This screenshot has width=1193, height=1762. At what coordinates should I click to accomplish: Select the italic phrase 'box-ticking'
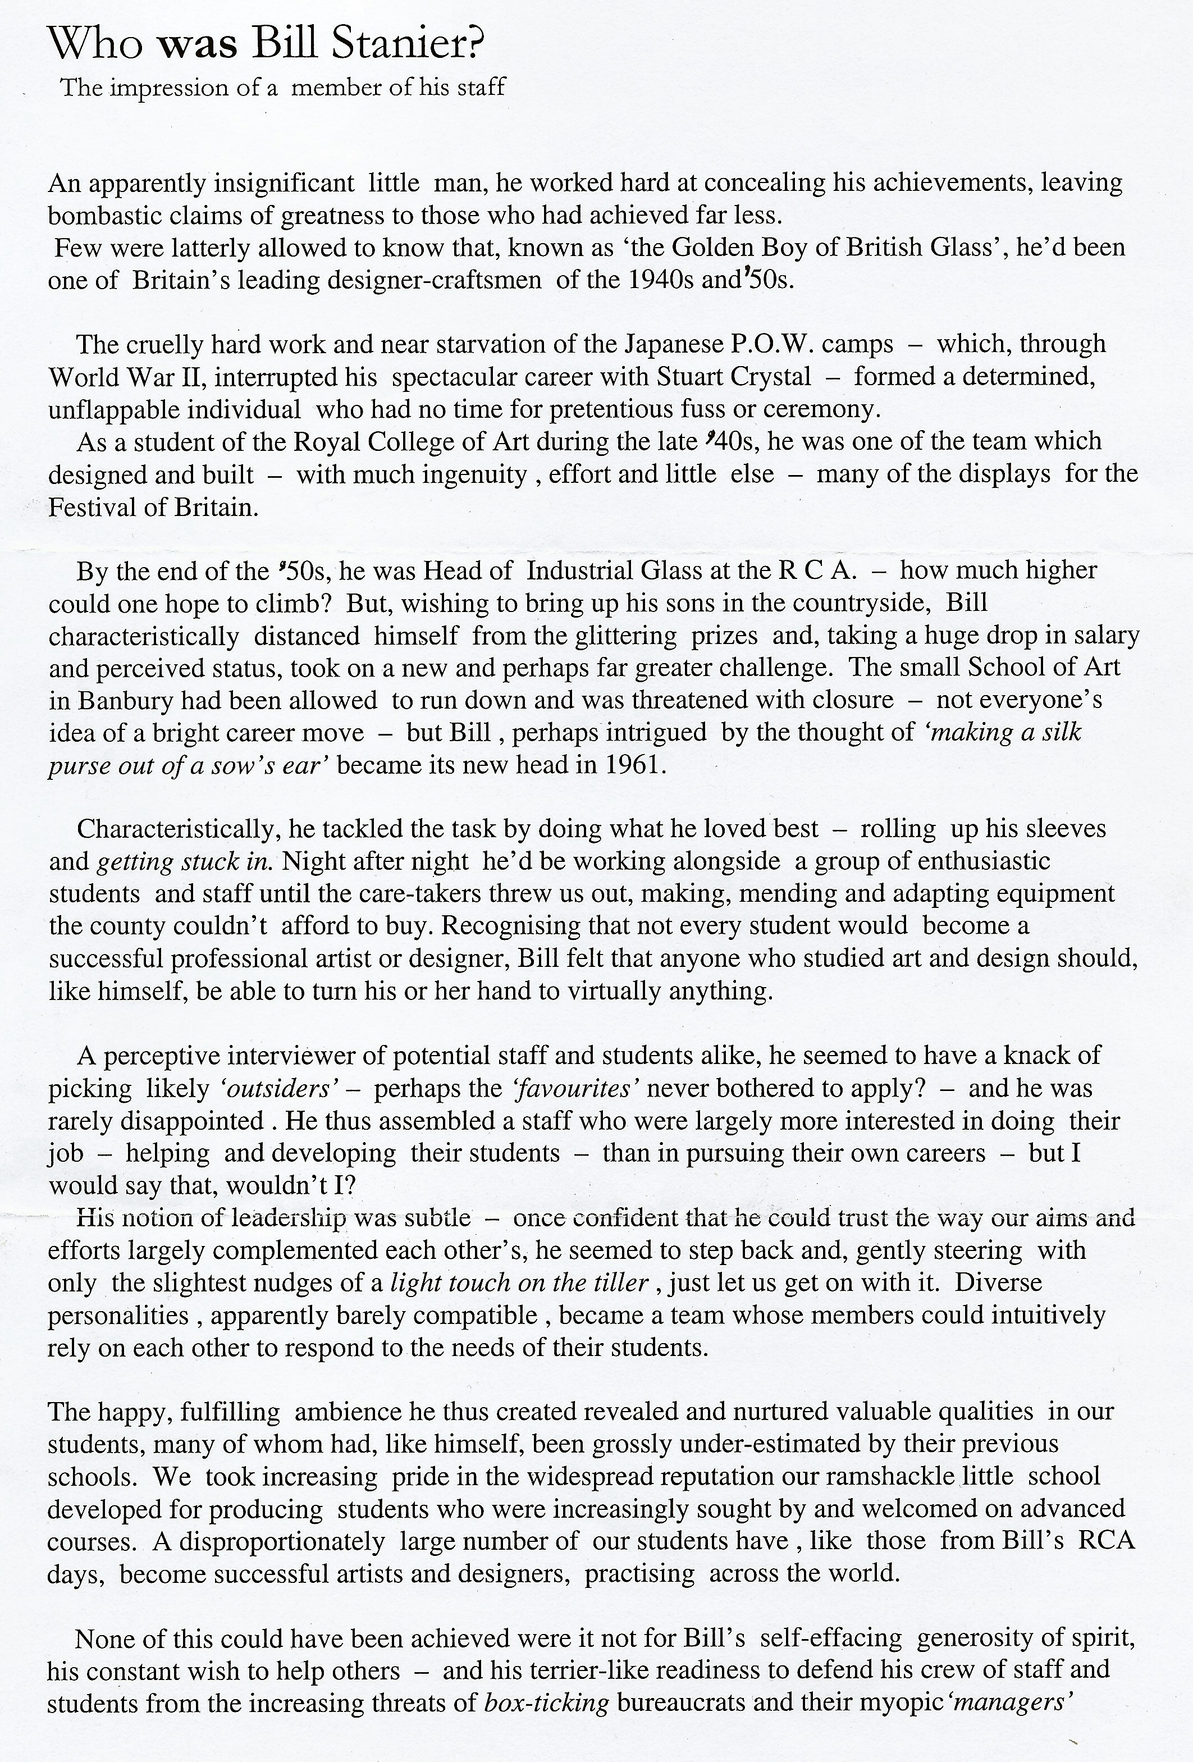click(546, 1703)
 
